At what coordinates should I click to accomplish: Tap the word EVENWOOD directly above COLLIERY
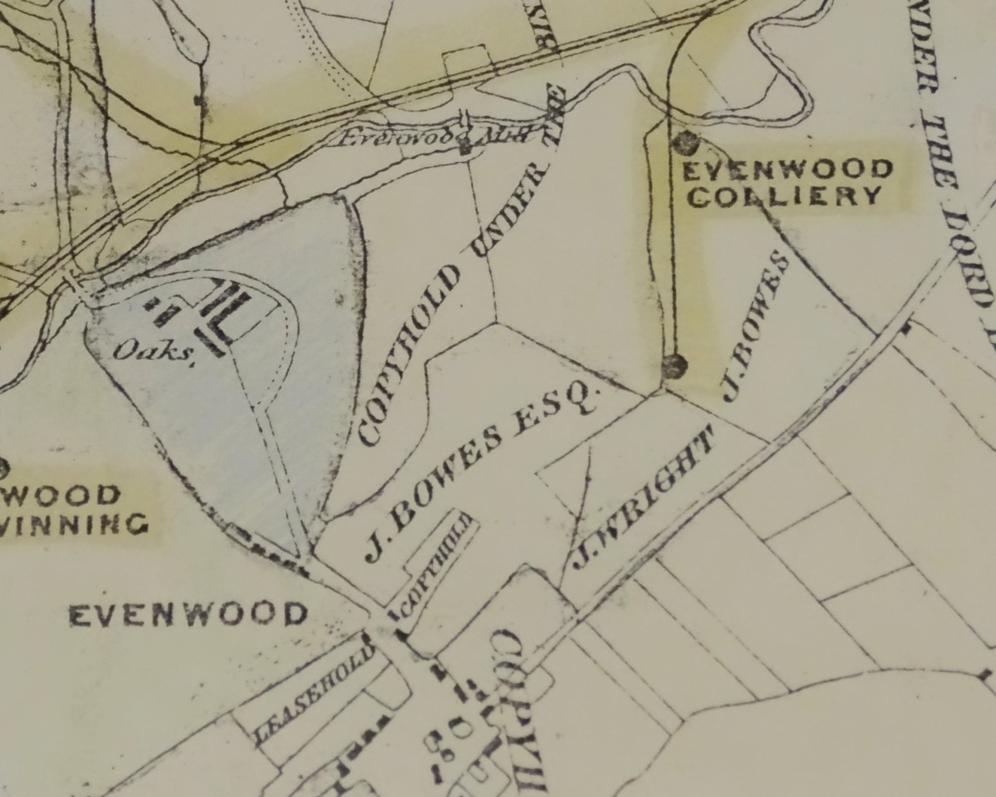point(788,170)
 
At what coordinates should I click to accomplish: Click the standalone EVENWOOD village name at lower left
point(188,614)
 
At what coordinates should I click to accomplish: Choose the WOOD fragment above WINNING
point(61,496)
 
